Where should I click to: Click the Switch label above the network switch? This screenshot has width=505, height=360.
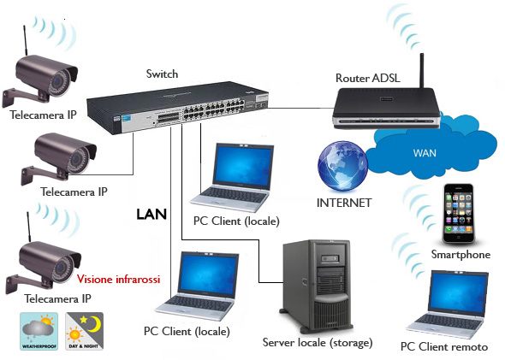point(162,74)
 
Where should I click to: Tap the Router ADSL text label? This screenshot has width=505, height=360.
point(368,78)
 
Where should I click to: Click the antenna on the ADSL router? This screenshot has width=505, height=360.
point(422,71)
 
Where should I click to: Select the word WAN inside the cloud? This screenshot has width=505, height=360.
point(425,152)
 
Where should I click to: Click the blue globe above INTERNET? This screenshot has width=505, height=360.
point(342,166)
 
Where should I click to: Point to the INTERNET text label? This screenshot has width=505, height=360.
point(344,203)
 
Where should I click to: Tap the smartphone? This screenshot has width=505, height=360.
point(459,213)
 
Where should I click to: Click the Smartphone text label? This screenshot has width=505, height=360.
point(460,255)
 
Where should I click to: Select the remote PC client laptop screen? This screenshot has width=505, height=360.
point(458,292)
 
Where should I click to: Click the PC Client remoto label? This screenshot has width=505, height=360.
point(444,347)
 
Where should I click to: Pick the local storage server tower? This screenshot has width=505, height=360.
point(316,286)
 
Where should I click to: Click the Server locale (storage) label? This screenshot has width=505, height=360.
point(318,342)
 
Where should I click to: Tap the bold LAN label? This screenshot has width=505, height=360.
point(151,215)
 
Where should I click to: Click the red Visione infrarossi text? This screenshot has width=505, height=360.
point(118,279)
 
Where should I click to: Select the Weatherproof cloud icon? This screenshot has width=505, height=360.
point(39,332)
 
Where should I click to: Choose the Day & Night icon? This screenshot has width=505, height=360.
point(85,332)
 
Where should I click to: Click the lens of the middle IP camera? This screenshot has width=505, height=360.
point(77,158)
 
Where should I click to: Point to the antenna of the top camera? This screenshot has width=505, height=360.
point(25,40)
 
